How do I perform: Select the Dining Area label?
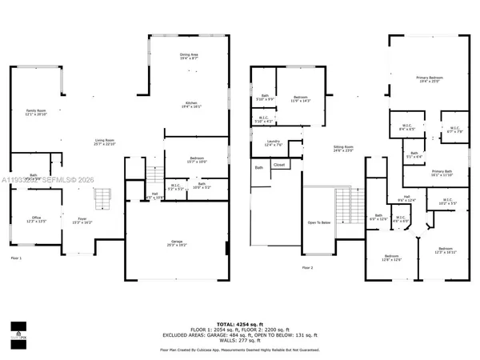click(190, 55)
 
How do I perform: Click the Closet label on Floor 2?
click(279, 165)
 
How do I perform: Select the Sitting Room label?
click(343, 147)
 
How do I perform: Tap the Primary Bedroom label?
click(430, 78)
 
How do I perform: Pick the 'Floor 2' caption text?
click(307, 266)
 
